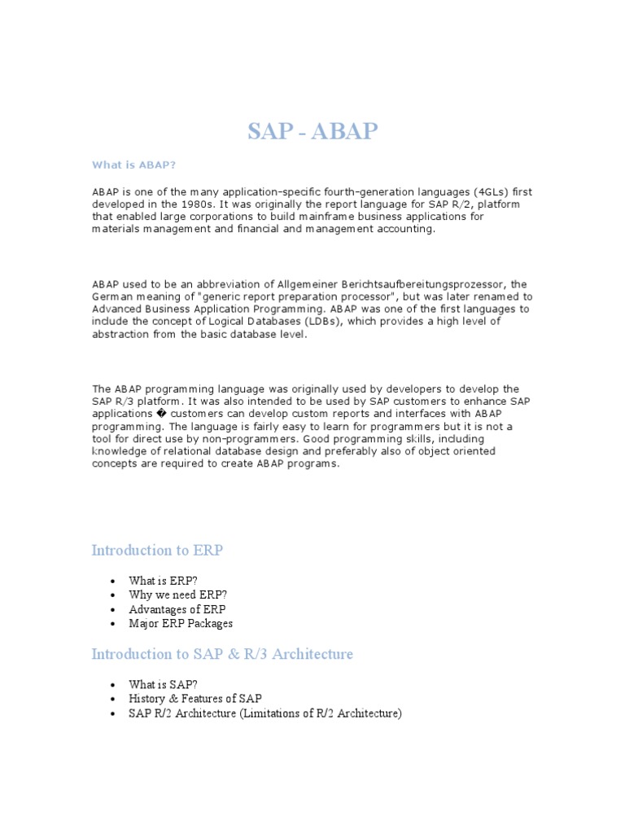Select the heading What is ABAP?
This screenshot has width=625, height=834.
(x=133, y=165)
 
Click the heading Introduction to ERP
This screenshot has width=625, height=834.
(x=157, y=551)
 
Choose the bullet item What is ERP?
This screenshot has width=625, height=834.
(x=163, y=581)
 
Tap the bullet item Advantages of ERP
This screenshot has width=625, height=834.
(x=177, y=609)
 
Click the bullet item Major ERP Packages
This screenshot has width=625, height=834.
(x=181, y=624)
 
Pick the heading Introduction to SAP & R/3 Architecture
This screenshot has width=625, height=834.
(x=222, y=655)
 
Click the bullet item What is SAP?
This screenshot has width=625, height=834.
(x=163, y=685)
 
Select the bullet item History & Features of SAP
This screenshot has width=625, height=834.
(x=195, y=700)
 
